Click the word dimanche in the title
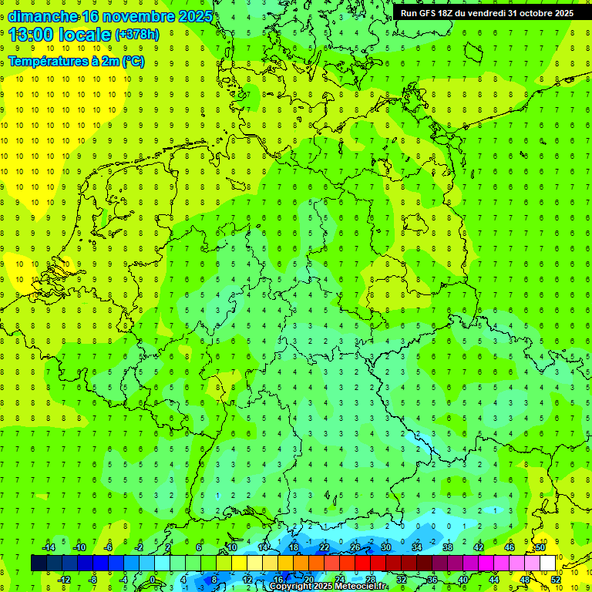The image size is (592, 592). (42, 16)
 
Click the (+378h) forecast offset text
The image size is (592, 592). (137, 35)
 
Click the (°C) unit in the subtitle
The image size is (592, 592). (133, 62)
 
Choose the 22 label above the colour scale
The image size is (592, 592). (325, 547)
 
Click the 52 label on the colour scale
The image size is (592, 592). (556, 580)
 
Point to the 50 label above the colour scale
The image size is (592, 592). (540, 547)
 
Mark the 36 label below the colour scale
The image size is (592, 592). (432, 580)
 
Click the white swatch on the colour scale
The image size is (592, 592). (547, 563)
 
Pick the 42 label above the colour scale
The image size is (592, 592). (479, 547)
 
